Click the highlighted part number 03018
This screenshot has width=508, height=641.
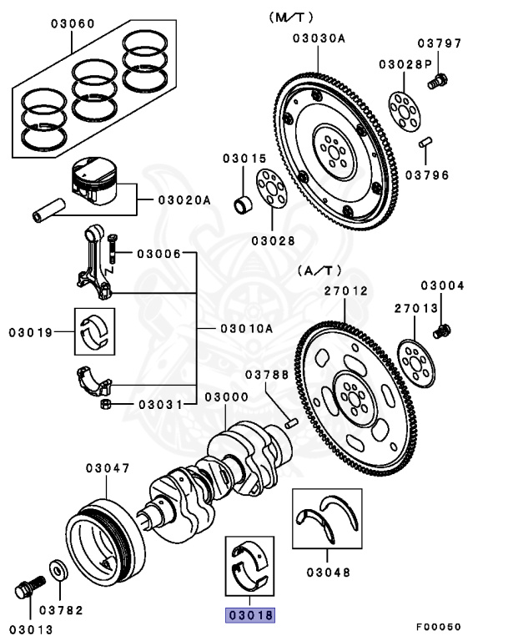click(249, 615)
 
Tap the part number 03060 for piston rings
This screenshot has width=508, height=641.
click(73, 23)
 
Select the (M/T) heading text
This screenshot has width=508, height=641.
click(290, 18)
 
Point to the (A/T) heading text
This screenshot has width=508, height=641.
click(319, 270)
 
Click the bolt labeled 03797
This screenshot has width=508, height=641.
click(438, 81)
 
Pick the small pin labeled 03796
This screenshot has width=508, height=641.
click(425, 142)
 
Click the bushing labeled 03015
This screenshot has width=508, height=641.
click(244, 204)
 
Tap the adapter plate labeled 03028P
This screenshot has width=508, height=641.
click(404, 112)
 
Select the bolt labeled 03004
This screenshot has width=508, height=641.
click(442, 331)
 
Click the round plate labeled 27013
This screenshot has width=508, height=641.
click(416, 364)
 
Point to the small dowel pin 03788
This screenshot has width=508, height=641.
click(292, 423)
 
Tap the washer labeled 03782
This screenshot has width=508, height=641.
click(58, 569)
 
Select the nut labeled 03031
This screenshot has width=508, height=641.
click(106, 404)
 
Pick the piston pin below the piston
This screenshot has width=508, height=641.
click(48, 210)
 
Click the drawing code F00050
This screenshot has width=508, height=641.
click(439, 627)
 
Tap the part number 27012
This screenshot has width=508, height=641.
click(346, 291)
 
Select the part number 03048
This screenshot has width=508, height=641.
click(328, 572)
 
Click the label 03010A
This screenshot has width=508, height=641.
click(246, 328)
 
